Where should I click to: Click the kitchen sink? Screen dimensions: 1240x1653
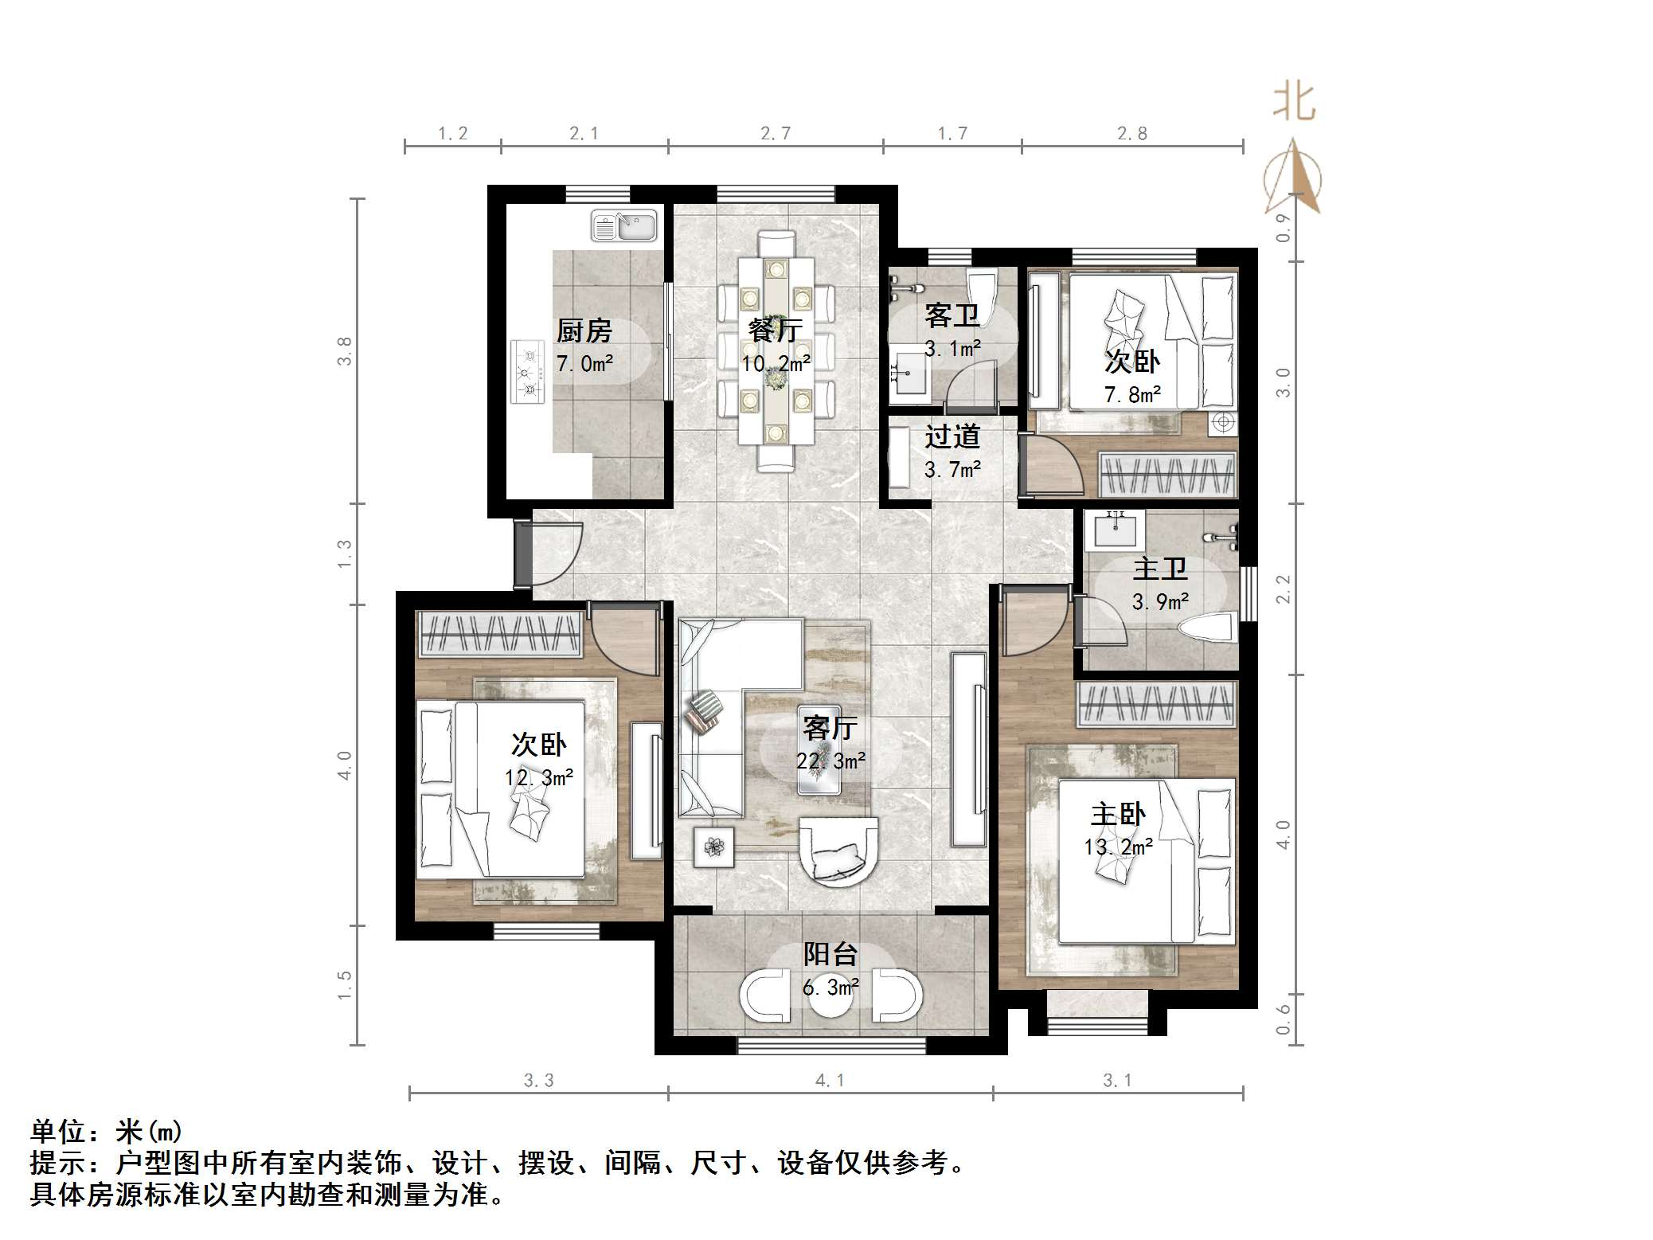pos(623,226)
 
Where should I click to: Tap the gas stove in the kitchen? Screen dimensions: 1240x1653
pos(527,371)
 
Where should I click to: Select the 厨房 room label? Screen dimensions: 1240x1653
pos(584,331)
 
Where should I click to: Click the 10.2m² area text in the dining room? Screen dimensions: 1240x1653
pos(776,364)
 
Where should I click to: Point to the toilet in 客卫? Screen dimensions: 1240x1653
pos(980,292)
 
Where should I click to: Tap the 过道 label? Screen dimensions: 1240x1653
pos(952,437)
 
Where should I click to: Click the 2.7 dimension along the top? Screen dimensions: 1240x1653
pos(776,134)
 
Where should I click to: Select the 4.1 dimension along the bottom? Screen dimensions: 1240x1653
pos(830,1081)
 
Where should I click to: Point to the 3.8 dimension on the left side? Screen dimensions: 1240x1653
pos(344,350)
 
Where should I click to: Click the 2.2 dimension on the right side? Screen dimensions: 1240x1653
pos(1283,589)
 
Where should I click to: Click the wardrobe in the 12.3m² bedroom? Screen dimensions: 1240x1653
pos(500,635)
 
